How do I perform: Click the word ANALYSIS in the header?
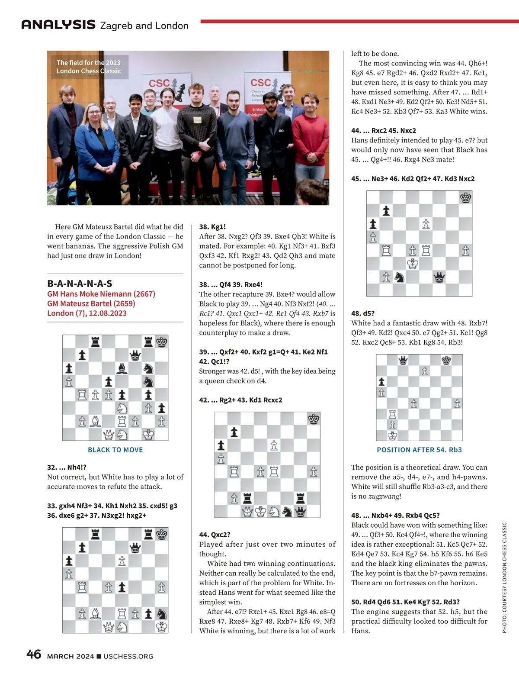(x=58, y=25)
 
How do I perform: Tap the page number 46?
(x=34, y=654)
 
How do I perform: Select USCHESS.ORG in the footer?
(x=128, y=656)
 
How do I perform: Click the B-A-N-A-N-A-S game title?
(x=80, y=284)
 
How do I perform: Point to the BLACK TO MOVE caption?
(x=115, y=450)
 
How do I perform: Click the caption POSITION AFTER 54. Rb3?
(x=419, y=450)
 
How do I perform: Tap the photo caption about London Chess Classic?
(x=89, y=67)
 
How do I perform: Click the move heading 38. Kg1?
(x=212, y=227)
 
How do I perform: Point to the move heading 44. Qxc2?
(x=215, y=535)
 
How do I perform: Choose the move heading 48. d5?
(x=363, y=313)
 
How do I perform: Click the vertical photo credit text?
(x=504, y=578)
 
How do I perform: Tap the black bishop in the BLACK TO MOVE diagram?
(x=122, y=368)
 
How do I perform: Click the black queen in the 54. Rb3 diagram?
(x=403, y=360)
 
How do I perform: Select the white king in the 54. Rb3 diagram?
(x=392, y=435)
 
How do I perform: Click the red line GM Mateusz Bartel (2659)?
(x=91, y=303)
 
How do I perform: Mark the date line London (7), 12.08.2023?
(x=87, y=313)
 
